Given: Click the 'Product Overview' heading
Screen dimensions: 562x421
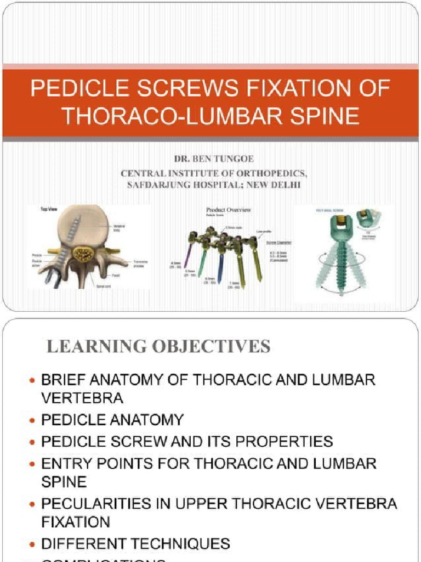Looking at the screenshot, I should (x=229, y=210).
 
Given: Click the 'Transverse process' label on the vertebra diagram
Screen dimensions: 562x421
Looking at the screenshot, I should (x=140, y=264).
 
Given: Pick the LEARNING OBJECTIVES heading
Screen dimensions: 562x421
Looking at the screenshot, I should (x=158, y=346).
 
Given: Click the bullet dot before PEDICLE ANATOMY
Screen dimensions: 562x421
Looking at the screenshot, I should (x=32, y=420).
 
